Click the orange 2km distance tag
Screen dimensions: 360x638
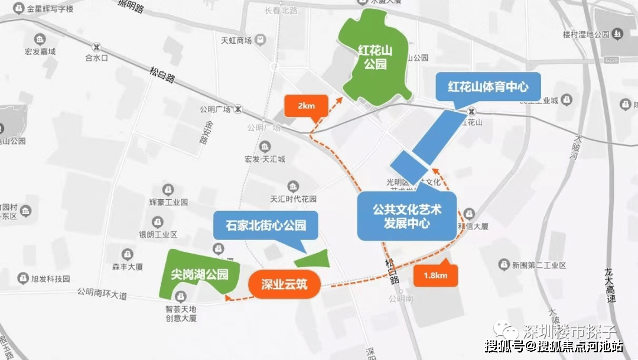coord(306,106)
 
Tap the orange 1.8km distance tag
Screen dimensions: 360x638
coord(435,275)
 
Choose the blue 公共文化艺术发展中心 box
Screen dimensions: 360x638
coord(407,216)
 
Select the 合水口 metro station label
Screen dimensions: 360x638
coord(96,58)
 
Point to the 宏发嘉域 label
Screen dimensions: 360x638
coord(40,51)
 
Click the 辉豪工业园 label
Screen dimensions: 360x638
coord(168,202)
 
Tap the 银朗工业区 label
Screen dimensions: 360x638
coord(158,234)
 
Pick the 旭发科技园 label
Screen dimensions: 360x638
coord(50,278)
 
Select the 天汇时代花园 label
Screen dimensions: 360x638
coord(293,199)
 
